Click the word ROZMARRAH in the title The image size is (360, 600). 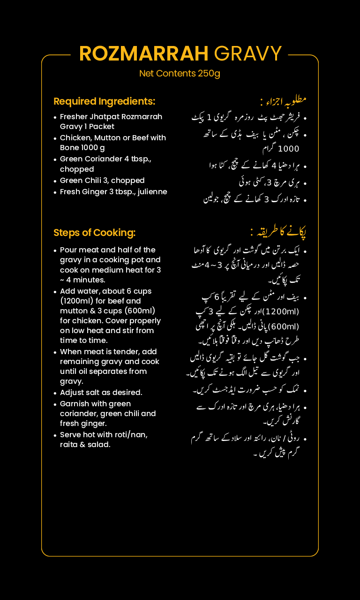coord(144,54)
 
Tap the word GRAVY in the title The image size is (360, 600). coord(247,54)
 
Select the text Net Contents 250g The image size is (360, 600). coord(180,74)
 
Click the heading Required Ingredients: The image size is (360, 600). coord(104,101)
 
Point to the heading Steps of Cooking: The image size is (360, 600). coord(94,233)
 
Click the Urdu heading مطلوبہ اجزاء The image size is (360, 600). coord(283,101)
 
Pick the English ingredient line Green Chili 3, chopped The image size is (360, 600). coord(102,181)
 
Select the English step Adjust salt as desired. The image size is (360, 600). coord(101,393)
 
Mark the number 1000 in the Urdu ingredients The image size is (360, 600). coord(288,149)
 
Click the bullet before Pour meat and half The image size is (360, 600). coord(55,251)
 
